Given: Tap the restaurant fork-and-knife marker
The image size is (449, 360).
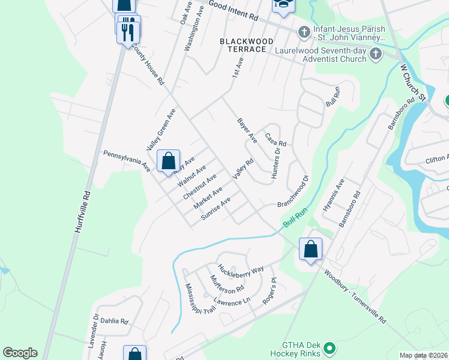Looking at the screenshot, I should pyautogui.click(x=128, y=29).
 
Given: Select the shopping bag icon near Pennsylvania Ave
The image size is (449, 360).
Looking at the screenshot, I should pyautogui.click(x=169, y=161).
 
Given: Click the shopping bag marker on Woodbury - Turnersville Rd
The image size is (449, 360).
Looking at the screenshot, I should pyautogui.click(x=311, y=249).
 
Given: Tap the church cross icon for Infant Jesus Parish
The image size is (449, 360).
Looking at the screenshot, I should pyautogui.click(x=304, y=31).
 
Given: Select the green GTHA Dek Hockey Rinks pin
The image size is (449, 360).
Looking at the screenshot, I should pyautogui.click(x=329, y=347).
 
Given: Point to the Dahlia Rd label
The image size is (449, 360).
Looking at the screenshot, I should pyautogui.click(x=115, y=322).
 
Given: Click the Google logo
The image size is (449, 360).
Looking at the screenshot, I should pyautogui.click(x=20, y=353).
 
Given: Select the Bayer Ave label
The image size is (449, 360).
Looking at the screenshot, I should pyautogui.click(x=247, y=130).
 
